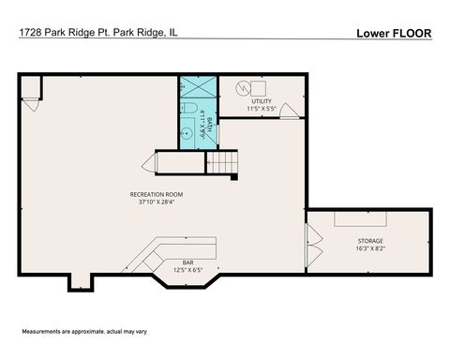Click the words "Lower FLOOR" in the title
(394, 33)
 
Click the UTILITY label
(262, 100)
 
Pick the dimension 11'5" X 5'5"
(262, 109)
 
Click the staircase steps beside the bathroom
(223, 165)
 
